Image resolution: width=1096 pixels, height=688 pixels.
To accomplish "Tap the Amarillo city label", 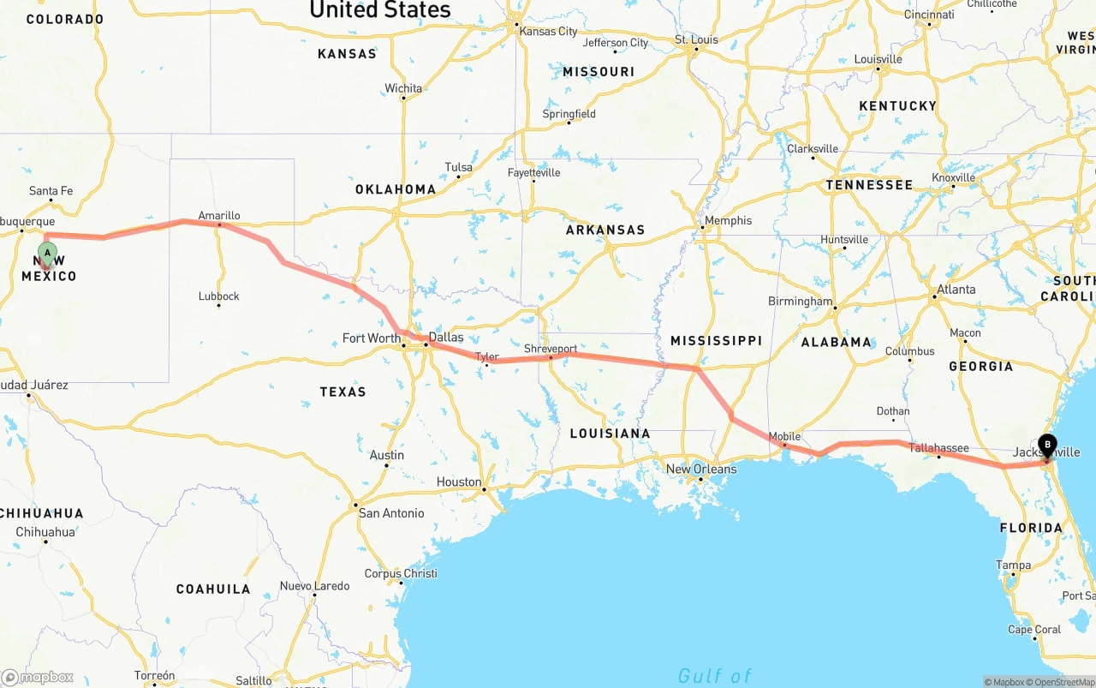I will (218, 216).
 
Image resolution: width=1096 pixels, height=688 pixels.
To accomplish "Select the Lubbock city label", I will (218, 296).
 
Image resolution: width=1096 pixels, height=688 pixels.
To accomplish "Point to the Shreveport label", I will (551, 349).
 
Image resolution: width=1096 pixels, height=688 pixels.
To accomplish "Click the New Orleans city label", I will (700, 469).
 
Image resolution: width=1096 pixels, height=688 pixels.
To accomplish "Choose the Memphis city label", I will (728, 220).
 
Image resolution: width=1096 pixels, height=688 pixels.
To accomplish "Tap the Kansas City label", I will (548, 31).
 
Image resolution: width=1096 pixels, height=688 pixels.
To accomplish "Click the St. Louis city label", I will (696, 39).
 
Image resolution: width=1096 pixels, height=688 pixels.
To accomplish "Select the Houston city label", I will (459, 482).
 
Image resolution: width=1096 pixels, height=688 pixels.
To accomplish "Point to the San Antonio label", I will (391, 513).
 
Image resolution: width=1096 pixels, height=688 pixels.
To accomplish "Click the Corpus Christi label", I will (401, 573).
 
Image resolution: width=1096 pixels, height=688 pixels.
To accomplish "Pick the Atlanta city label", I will (956, 290).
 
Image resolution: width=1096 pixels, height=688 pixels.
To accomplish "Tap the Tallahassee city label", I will (938, 447).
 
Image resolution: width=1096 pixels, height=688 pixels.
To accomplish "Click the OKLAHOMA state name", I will (396, 189).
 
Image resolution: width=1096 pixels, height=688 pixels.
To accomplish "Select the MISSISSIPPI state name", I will (716, 341).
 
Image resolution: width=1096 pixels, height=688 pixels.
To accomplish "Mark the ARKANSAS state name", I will (605, 230).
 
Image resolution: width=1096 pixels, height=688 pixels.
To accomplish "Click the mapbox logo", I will (38, 677).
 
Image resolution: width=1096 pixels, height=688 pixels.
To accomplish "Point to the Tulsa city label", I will (458, 167).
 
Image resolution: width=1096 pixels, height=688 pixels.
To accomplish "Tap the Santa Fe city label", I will (51, 191).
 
